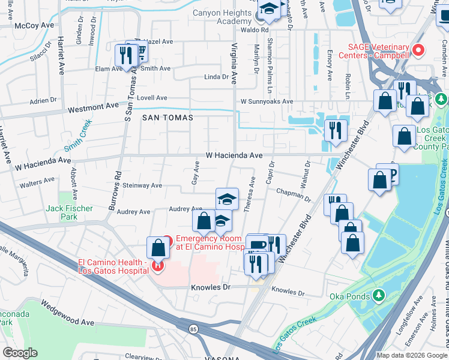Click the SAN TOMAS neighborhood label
(167, 118)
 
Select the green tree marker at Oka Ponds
(379, 295)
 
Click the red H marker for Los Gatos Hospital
(158, 265)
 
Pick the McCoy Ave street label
(34, 26)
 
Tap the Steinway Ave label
(142, 185)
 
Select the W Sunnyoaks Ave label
(267, 102)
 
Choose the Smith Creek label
(78, 136)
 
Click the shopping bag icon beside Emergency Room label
(158, 247)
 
